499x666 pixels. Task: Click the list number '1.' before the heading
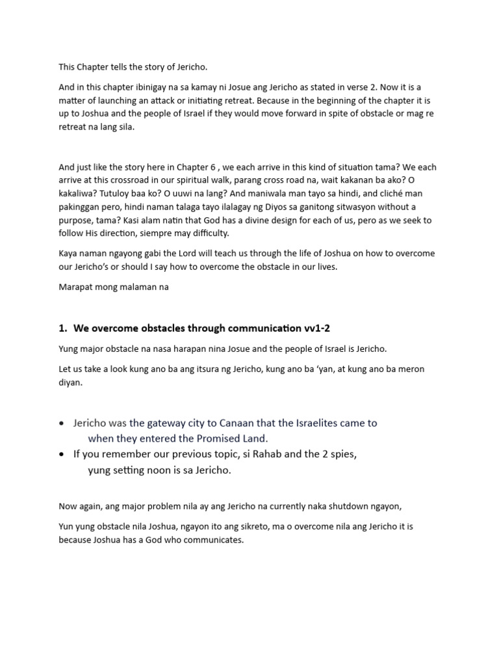click(x=64, y=328)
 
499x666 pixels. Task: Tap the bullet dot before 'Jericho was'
click(x=61, y=423)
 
